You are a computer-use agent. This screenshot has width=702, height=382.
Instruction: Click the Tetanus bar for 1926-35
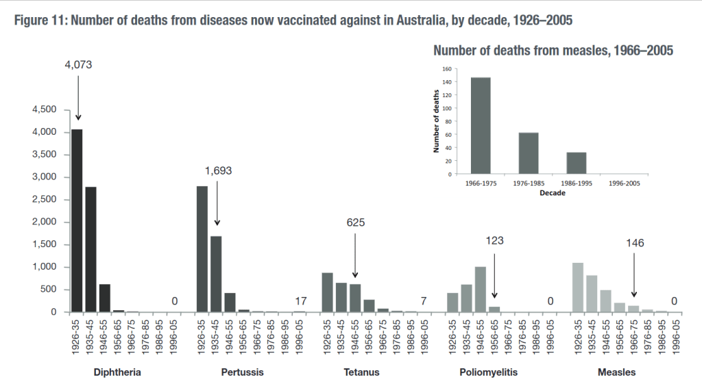point(327,292)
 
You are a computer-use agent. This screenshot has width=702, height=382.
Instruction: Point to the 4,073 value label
point(77,65)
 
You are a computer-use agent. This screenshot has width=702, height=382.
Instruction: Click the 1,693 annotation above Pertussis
point(217,171)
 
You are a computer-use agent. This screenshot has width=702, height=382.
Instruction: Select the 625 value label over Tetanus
point(355,222)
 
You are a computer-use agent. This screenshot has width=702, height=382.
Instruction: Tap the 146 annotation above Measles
point(635,242)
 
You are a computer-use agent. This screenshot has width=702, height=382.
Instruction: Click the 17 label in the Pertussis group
point(300,301)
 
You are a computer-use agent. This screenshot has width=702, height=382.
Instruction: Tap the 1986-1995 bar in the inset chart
point(576,162)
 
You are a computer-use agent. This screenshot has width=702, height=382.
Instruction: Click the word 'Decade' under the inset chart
point(553,194)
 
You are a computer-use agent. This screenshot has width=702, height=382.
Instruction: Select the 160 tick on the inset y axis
point(446,69)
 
